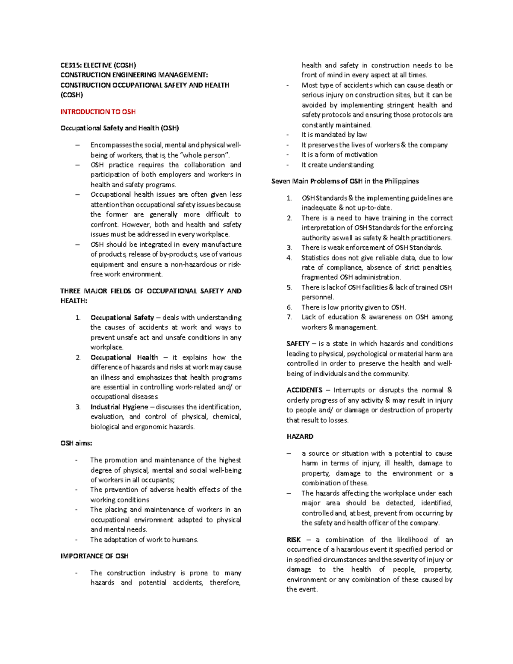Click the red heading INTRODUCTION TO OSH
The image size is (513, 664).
point(98,112)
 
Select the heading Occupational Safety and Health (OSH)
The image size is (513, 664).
point(120,128)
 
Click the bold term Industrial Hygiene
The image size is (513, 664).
point(119,407)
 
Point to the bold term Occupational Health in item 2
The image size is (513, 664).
point(124,357)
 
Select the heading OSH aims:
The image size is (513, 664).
point(76,443)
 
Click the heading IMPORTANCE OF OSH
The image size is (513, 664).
point(94,556)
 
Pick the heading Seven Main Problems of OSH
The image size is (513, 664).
point(345,181)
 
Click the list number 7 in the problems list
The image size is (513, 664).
point(289,317)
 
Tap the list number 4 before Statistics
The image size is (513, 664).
point(289,257)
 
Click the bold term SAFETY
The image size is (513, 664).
point(298,343)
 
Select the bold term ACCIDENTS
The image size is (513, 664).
point(304,390)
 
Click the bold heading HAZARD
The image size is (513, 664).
point(300,436)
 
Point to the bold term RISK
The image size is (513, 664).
point(294,540)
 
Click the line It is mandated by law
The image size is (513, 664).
point(334,135)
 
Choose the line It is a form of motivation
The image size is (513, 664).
point(339,154)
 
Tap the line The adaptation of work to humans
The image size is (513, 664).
point(144,540)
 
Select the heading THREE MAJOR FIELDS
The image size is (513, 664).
point(150,291)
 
